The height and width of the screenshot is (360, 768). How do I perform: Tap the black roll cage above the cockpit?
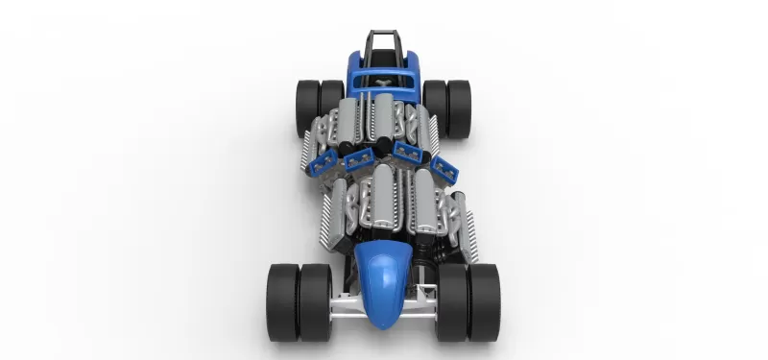(x=384, y=43)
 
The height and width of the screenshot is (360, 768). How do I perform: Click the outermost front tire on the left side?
(x=283, y=300)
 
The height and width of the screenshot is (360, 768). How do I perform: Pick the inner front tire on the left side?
(x=315, y=300)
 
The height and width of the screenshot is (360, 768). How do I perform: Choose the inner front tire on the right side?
(x=452, y=300)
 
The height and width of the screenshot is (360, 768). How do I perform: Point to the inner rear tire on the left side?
(x=331, y=101)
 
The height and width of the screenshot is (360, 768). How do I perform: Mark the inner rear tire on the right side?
(x=437, y=101)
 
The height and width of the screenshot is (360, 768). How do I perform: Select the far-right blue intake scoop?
(x=445, y=167)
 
